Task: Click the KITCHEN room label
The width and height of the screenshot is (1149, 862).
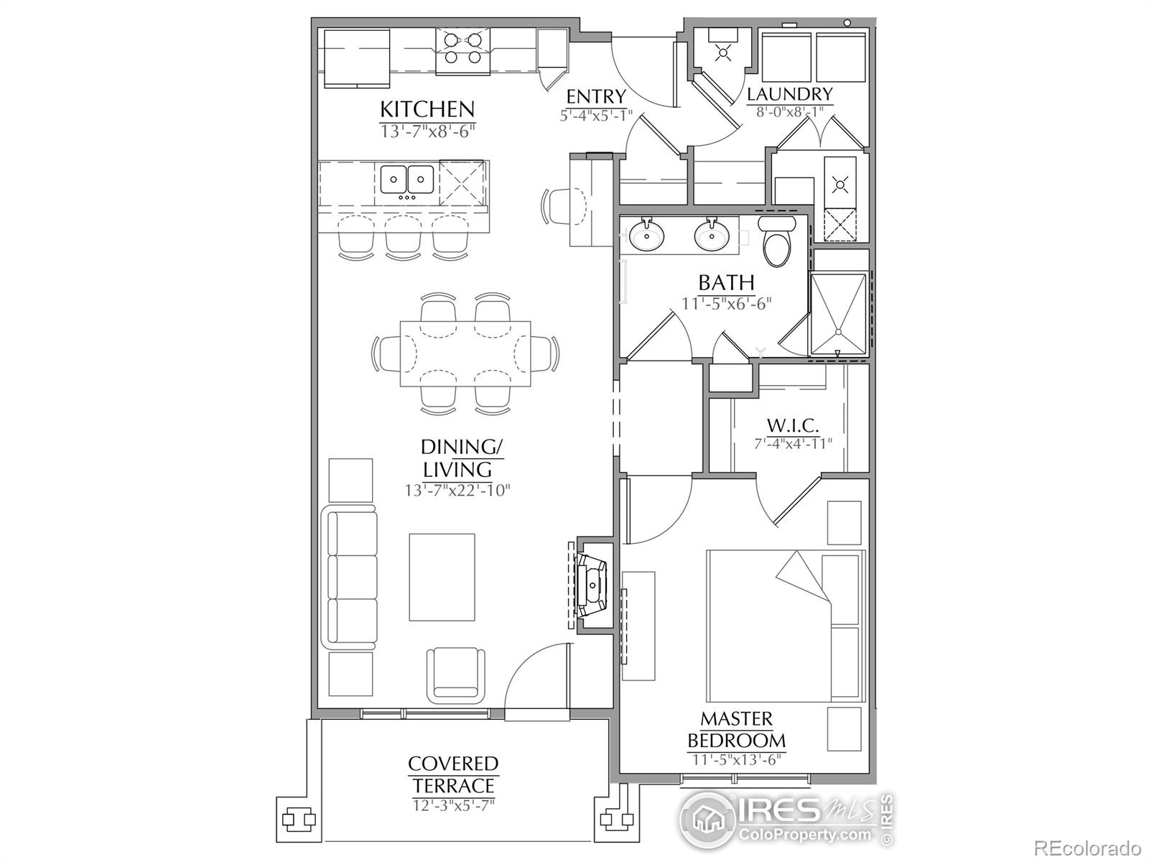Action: click(427, 109)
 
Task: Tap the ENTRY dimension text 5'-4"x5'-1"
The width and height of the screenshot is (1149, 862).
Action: click(595, 115)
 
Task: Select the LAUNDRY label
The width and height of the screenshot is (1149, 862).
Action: click(789, 94)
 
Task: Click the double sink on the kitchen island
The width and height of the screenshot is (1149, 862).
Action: click(406, 180)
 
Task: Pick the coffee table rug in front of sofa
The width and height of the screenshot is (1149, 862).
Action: click(442, 577)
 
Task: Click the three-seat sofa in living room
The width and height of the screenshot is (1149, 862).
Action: click(352, 577)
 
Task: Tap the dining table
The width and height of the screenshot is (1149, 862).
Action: click(465, 353)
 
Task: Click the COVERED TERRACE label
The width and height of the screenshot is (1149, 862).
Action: click(453, 774)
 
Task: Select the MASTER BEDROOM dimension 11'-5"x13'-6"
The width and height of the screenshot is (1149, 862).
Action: click(736, 760)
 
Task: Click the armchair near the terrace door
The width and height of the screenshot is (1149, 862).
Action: click(454, 673)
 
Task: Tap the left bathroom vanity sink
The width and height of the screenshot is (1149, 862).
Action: click(647, 234)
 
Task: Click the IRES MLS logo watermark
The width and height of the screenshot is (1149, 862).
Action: click(786, 819)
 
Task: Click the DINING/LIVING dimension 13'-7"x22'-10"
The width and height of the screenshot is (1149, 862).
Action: click(457, 491)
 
